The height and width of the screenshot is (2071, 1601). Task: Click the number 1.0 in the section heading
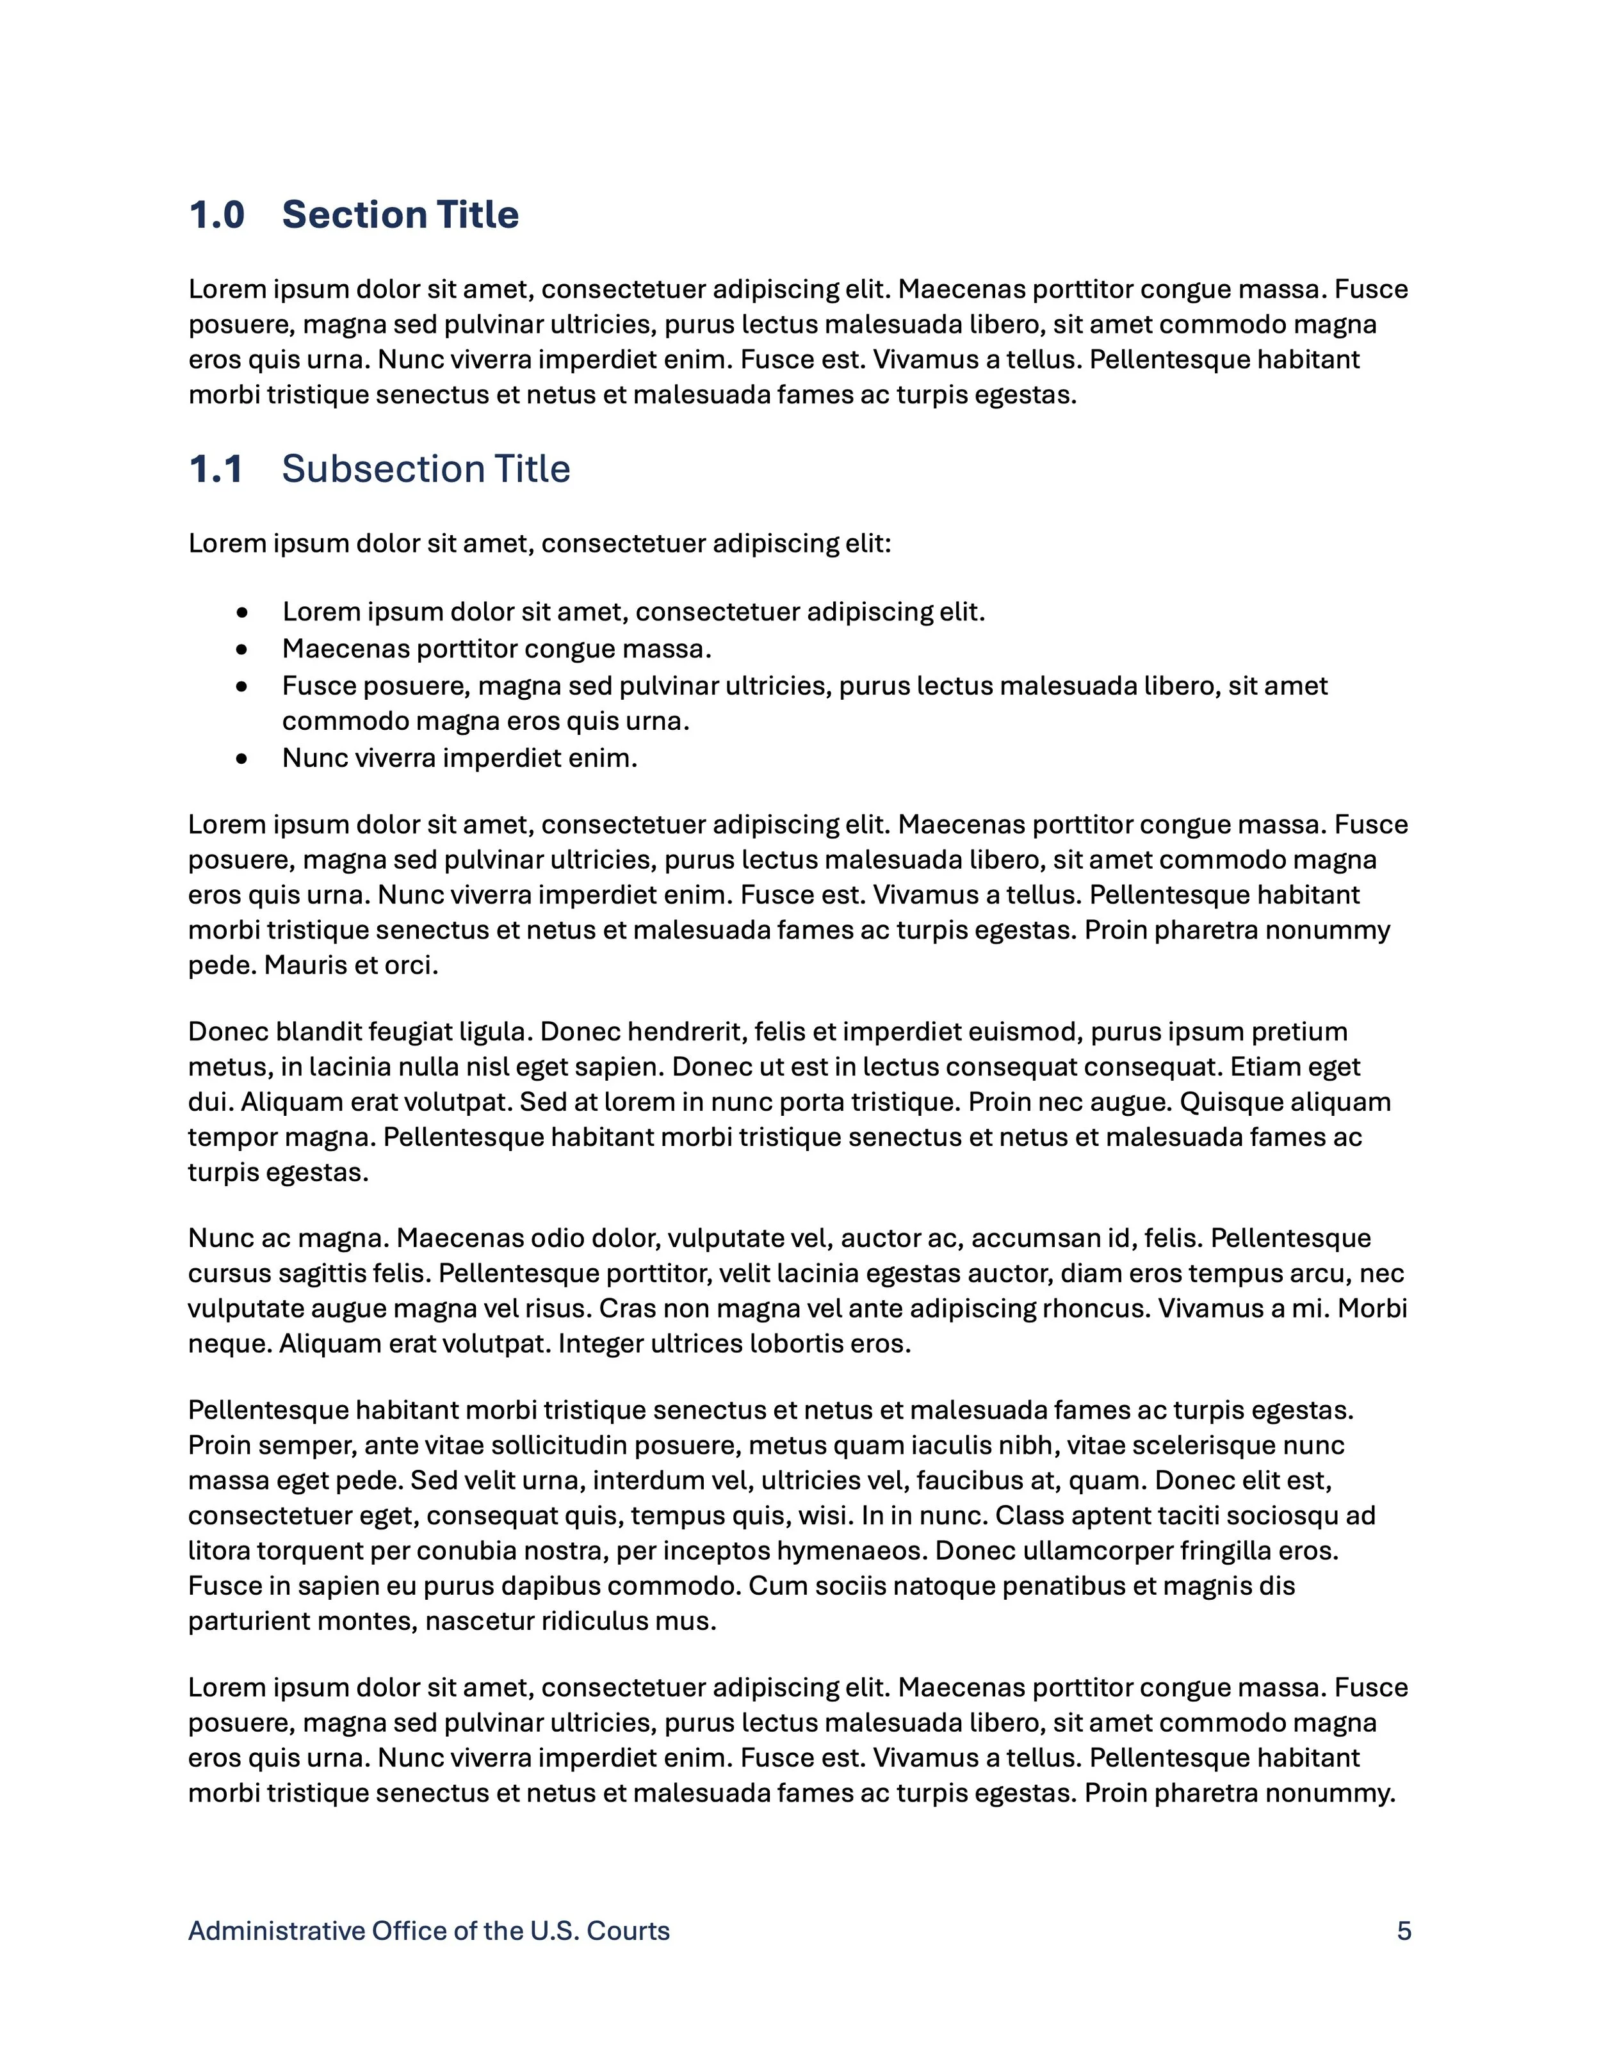[x=217, y=215]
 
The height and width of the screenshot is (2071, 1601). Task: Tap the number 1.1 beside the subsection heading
[x=216, y=469]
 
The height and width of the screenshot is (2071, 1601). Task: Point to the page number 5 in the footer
[x=1404, y=1931]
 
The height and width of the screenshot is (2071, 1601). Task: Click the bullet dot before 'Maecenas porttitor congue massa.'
[x=243, y=650]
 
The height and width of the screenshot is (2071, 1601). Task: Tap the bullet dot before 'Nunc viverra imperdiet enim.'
[x=243, y=759]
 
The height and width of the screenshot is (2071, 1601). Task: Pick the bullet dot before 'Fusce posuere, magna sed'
[x=243, y=686]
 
